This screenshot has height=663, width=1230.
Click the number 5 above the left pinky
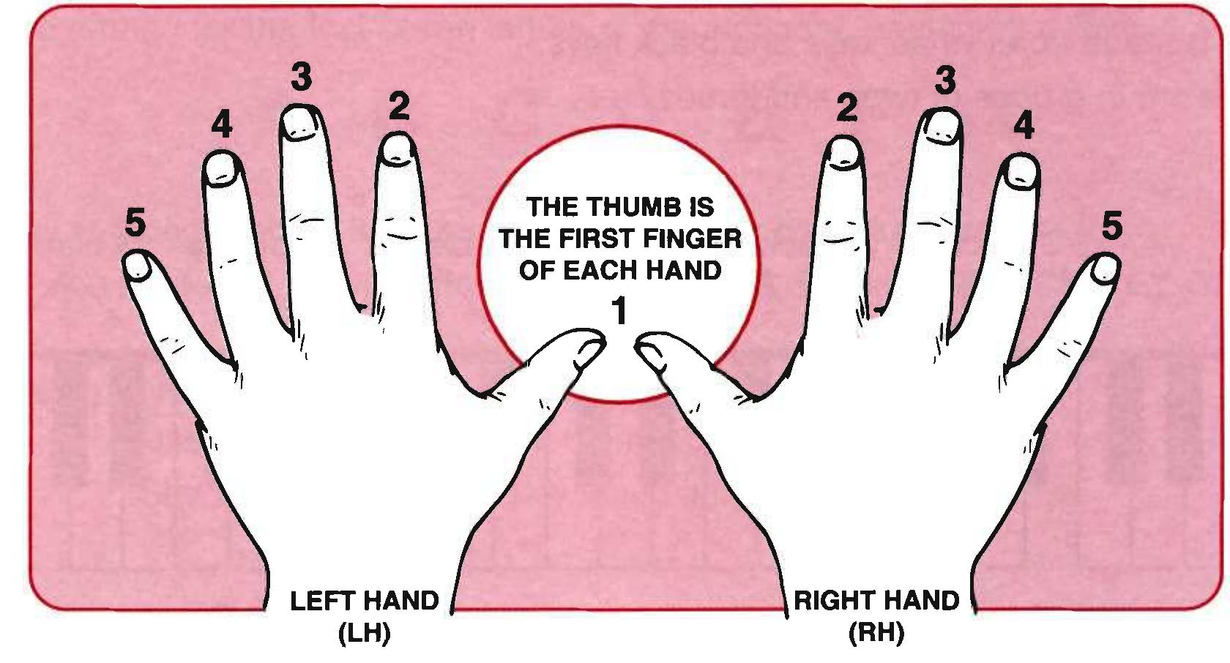135,222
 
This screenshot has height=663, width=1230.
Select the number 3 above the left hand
301,77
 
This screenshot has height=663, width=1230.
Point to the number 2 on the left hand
399,108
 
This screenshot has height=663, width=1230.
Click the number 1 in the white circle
619,312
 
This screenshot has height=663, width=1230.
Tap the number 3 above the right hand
945,80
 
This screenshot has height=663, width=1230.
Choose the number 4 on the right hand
1024,126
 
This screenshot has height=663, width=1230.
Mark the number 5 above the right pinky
1111,225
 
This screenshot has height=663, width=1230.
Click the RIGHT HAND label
876,601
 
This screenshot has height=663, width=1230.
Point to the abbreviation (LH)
364,633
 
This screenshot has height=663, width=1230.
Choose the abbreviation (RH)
876,633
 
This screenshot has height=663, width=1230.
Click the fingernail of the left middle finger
300,122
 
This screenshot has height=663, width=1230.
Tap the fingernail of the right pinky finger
1104,270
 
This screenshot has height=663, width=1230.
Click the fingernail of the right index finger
845,151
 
